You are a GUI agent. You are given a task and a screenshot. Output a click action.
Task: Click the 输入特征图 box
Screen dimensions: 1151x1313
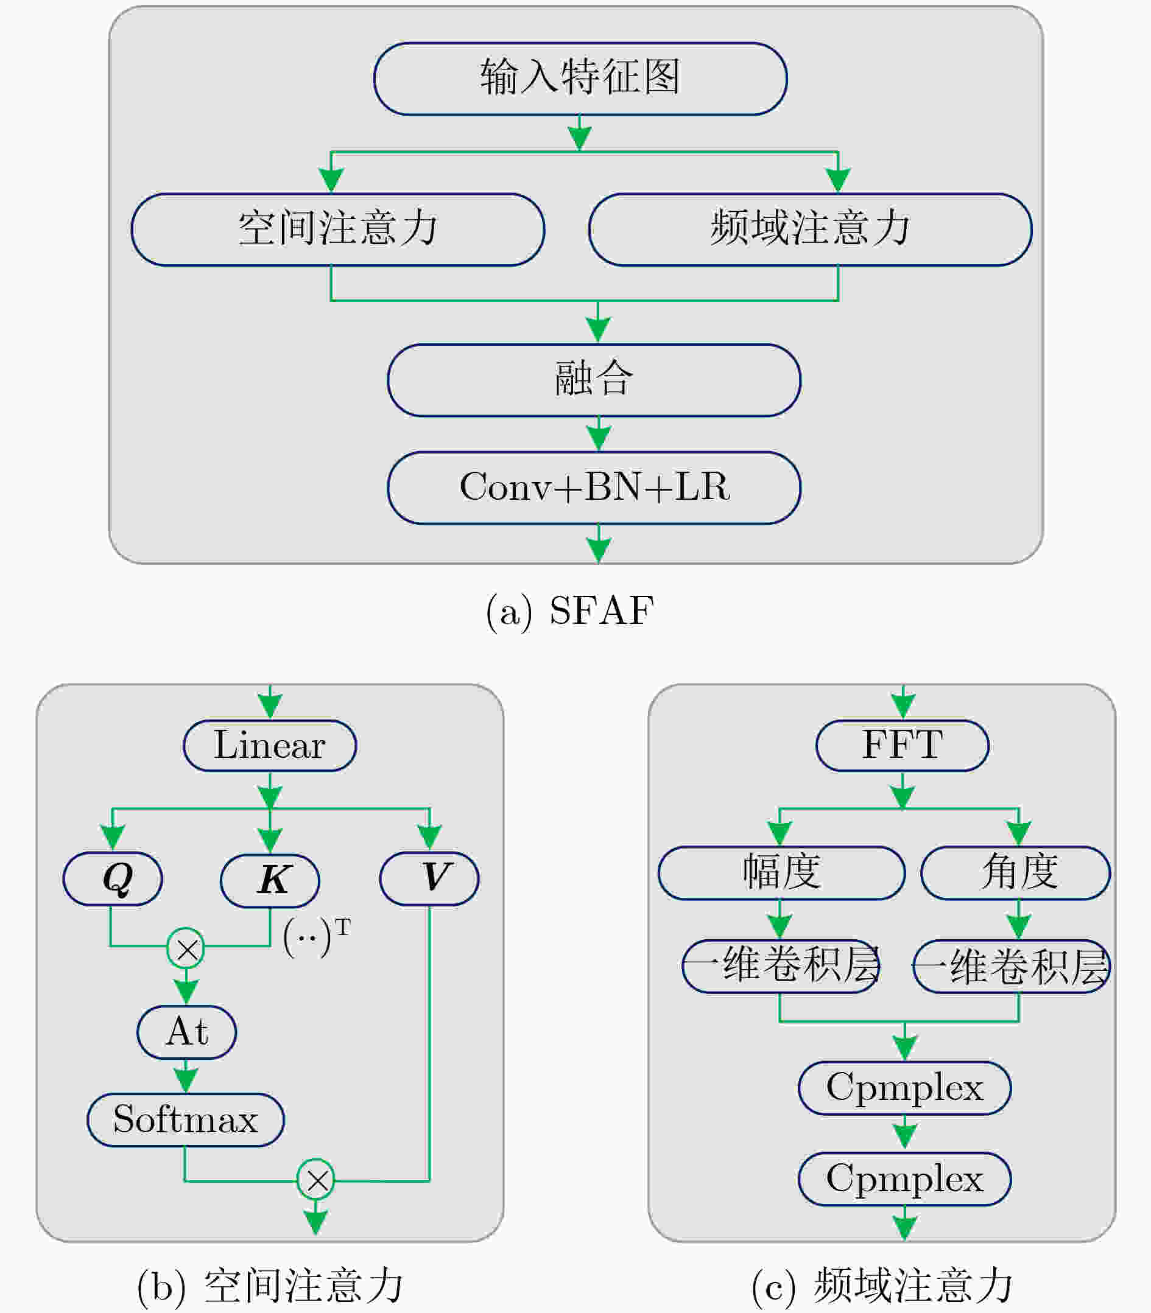coord(580,79)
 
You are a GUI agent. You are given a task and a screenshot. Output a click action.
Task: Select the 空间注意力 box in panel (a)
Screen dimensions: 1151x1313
coord(338,229)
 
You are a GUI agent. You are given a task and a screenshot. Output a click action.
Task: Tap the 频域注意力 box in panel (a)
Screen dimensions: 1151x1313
coord(810,229)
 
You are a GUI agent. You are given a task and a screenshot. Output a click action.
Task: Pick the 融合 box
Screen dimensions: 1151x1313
coord(594,380)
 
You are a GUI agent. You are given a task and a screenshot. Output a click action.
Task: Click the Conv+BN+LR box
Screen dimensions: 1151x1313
coord(594,488)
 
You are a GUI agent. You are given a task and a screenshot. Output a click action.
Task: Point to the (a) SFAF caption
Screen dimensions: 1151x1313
coord(570,611)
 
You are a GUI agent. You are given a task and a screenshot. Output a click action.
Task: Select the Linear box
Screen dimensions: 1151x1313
coord(270,746)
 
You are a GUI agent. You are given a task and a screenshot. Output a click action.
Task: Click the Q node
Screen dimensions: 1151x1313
coord(113,878)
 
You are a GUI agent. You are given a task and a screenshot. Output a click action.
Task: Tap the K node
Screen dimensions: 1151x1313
coord(270,880)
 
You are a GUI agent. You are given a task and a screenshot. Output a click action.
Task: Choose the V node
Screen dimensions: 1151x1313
coord(429,878)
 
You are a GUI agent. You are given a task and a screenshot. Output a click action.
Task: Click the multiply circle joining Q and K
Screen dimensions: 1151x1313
coord(186,948)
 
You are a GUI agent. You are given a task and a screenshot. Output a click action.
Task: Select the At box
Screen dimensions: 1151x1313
coord(186,1032)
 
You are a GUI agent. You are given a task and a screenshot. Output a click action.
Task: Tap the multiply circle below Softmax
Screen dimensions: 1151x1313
coord(316,1180)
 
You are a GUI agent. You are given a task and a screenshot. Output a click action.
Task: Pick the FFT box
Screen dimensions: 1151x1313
coord(903,746)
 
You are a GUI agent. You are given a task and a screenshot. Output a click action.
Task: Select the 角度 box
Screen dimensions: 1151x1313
coord(1015,873)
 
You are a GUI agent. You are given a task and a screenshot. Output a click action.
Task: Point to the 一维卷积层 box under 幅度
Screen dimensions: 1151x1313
coord(780,966)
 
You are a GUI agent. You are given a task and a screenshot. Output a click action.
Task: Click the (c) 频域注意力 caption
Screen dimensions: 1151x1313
coord(882,1286)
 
